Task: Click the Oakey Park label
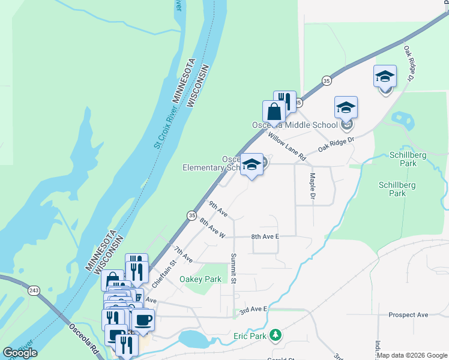pos(200,279)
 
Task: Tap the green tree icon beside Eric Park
pos(276,334)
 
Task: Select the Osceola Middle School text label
pos(294,125)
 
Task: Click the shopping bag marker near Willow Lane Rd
pos(274,112)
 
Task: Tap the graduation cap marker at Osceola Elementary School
pos(252,164)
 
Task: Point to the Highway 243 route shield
pos(34,291)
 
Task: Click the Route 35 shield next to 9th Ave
pos(191,215)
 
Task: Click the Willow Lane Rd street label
pos(287,147)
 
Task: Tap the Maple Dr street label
pos(312,187)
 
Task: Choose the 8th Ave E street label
pos(265,236)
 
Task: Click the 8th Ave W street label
pos(212,228)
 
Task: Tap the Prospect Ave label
pos(408,314)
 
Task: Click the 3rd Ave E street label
pos(253,308)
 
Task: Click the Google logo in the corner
pos(20,353)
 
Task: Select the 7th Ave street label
pos(182,254)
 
